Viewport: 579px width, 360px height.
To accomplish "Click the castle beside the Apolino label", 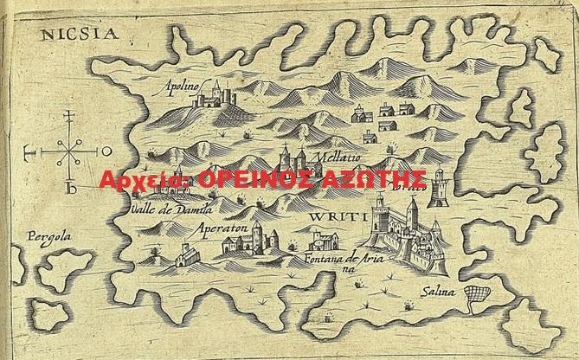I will click(216, 94).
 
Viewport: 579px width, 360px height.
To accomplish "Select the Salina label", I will click(439, 292).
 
